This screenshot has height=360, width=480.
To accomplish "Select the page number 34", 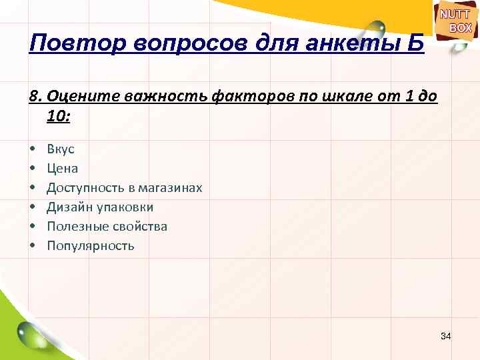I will click(446, 336).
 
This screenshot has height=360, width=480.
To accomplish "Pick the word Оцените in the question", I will click(73, 97).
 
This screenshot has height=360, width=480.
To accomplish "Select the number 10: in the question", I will click(59, 117).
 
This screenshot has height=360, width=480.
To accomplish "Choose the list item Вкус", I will click(61, 149).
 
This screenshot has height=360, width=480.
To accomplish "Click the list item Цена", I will click(63, 169).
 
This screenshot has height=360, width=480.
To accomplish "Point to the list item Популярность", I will click(91, 246).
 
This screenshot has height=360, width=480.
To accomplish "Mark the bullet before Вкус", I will click(32, 149).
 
